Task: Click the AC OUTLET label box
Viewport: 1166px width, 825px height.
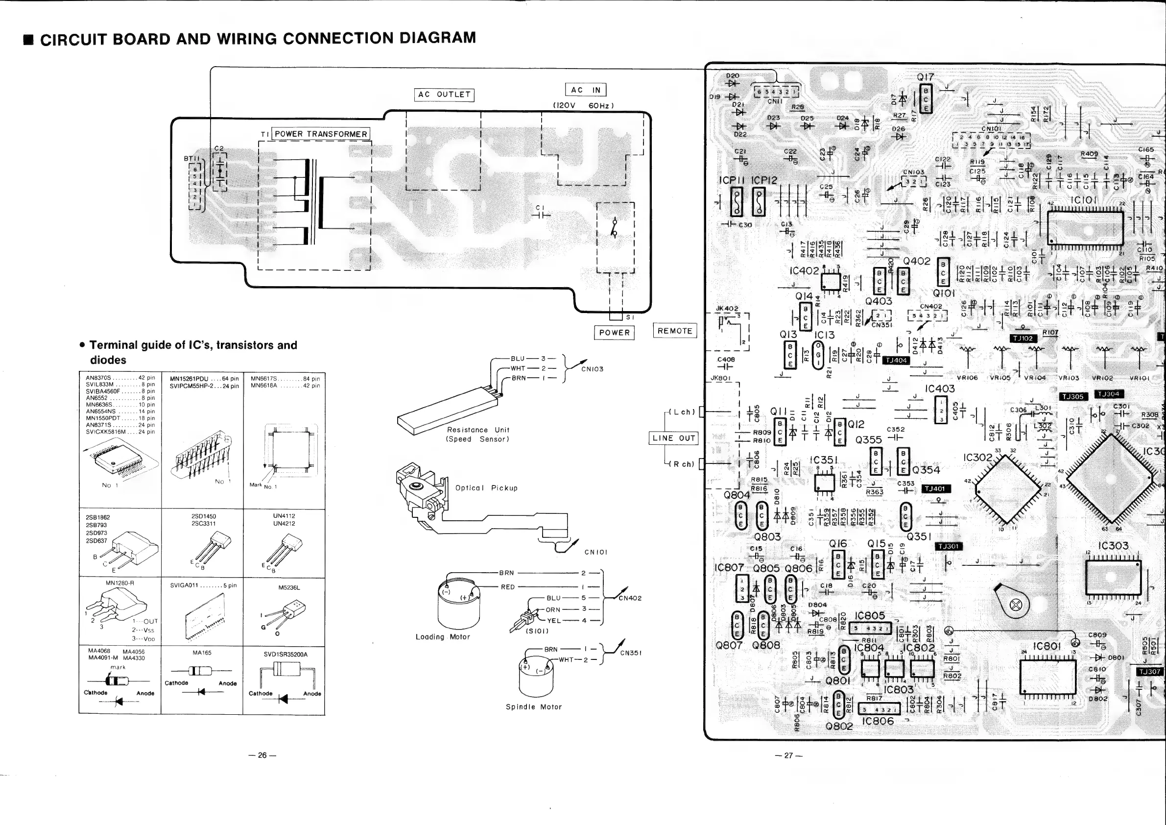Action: tap(444, 95)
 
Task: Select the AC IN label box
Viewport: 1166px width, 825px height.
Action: tap(586, 90)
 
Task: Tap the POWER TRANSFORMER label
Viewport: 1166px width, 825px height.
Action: tap(321, 134)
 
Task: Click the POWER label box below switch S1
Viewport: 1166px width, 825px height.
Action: tap(614, 333)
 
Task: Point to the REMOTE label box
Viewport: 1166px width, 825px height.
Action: tap(674, 331)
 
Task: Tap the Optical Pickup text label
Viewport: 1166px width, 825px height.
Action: tap(486, 488)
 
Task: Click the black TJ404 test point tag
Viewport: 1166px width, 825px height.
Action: tap(896, 360)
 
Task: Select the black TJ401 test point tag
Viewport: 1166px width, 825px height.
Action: tap(935, 489)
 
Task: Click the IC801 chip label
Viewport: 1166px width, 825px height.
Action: tap(1047, 646)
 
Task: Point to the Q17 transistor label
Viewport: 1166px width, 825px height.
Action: tap(925, 77)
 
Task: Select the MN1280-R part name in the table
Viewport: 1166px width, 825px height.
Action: tap(120, 583)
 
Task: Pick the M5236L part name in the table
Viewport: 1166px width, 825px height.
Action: tap(289, 588)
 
